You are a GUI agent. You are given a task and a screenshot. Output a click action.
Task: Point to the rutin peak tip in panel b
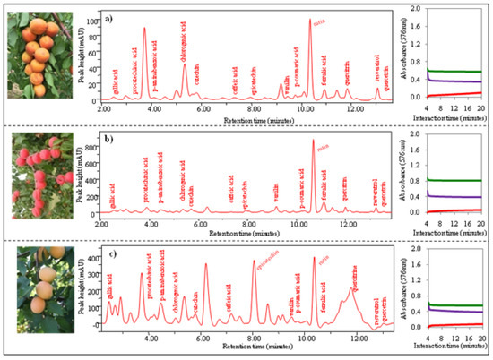[x=313, y=141]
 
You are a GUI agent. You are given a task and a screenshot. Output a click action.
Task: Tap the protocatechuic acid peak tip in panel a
[x=144, y=29]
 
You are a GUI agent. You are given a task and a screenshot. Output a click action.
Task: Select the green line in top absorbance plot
[x=457, y=72]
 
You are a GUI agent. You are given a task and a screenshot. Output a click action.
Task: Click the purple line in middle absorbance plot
[x=457, y=196]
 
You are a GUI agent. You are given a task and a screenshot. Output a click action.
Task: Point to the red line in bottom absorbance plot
[x=457, y=324]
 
